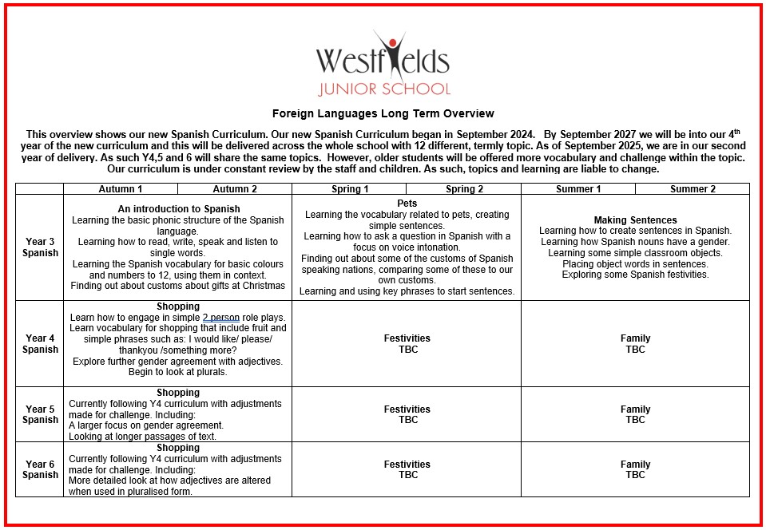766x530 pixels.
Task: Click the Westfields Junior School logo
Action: [x=383, y=64]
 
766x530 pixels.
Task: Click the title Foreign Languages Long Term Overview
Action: [x=383, y=114]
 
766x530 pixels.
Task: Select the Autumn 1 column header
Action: [x=121, y=189]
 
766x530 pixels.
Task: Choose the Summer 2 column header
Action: [x=693, y=189]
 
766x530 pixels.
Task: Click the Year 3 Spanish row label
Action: [x=40, y=247]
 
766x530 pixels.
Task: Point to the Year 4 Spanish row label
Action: [x=40, y=344]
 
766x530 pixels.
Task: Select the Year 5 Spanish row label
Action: [x=40, y=414]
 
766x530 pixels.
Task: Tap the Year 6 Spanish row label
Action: [x=40, y=469]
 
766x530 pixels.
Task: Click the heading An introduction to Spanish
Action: [x=178, y=209]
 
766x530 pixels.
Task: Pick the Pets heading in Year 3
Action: [x=407, y=204]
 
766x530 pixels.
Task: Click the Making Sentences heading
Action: [x=635, y=220]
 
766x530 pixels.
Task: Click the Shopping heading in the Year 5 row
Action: [x=178, y=393]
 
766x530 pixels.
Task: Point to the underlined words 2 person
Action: [x=220, y=318]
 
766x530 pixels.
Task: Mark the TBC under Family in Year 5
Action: [x=635, y=420]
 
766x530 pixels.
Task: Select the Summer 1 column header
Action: [x=578, y=189]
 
